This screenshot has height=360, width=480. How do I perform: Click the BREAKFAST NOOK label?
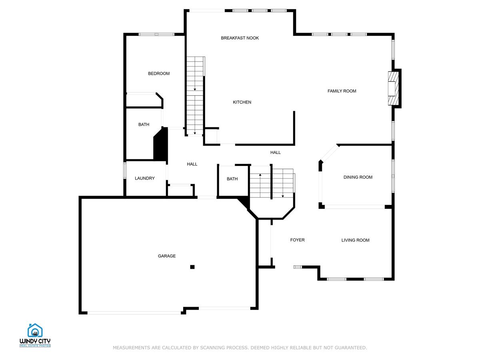point(240,38)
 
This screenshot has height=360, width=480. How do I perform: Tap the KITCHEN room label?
point(242,102)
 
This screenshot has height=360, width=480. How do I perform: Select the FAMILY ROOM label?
point(342,91)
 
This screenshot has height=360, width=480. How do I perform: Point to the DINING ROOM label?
point(358,177)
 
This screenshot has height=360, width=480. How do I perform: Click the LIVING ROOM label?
point(355,240)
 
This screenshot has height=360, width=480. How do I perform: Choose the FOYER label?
point(297,240)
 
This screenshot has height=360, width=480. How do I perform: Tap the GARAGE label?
point(166,256)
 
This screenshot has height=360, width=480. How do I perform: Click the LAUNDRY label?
point(144,178)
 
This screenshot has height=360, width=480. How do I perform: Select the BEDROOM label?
point(159,74)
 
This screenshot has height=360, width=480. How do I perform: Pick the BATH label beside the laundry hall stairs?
point(232,179)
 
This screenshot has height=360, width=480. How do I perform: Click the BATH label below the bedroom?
point(144,125)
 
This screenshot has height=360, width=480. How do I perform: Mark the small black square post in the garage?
point(192,267)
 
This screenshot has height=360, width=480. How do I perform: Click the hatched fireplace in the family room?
point(394,88)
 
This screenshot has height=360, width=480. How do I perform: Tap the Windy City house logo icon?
point(35,330)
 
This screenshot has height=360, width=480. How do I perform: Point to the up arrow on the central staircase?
point(260,175)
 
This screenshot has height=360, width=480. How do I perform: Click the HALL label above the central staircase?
point(275,152)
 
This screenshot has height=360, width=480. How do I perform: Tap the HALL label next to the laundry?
point(192,164)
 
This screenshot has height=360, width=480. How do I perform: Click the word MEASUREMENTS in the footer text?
point(131,348)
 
